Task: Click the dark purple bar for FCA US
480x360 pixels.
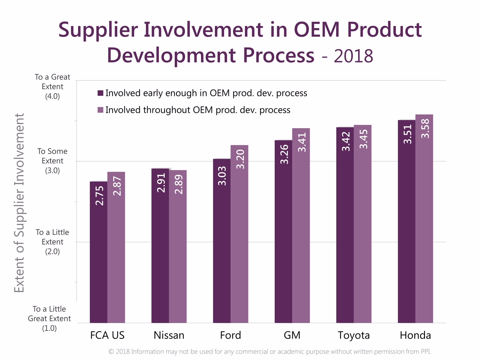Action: point(98,256)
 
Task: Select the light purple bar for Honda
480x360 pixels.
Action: point(424,225)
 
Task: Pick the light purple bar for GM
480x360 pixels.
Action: point(301,231)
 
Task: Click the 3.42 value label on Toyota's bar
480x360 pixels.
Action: point(346,142)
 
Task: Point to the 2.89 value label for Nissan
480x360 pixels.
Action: point(178,184)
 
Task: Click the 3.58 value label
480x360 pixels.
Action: point(425,129)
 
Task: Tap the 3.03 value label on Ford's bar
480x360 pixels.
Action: point(222,176)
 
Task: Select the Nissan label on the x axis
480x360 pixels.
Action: point(169,335)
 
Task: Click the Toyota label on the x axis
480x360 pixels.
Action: point(353,335)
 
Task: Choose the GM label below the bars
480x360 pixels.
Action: point(292,335)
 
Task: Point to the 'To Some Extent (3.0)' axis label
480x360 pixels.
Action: point(52,161)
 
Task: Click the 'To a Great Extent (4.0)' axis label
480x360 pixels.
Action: point(52,87)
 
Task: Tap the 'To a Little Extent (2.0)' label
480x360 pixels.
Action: point(52,242)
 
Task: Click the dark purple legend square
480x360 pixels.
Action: point(100,93)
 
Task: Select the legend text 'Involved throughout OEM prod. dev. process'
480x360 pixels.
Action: point(198,110)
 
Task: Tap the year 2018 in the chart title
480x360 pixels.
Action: point(353,56)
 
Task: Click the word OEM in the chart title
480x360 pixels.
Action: point(316,30)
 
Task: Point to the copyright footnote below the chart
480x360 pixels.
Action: point(270,352)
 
